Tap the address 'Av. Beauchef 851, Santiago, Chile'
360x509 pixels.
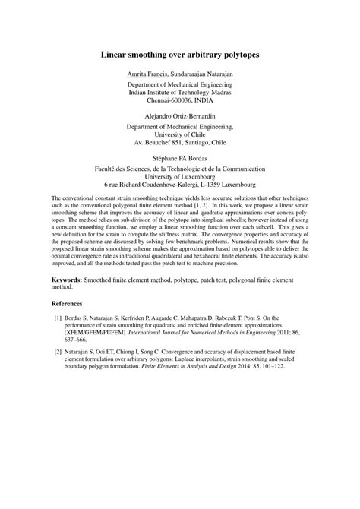pos(179,141)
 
